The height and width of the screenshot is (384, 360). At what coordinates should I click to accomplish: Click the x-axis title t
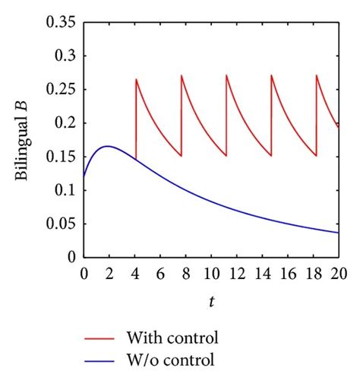click(x=210, y=303)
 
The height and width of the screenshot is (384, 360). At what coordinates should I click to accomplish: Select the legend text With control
click(x=191, y=335)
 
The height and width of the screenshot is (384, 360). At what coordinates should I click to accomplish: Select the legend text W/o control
click(x=188, y=357)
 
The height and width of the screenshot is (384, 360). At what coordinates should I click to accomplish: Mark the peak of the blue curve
click(x=108, y=146)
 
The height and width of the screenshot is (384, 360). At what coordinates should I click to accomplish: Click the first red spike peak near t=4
click(x=136, y=80)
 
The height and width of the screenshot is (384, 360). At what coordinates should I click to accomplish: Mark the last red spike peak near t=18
click(x=316, y=75)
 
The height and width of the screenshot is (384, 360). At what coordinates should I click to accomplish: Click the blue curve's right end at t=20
click(x=338, y=233)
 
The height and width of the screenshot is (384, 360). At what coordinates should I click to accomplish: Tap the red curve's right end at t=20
click(x=338, y=128)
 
